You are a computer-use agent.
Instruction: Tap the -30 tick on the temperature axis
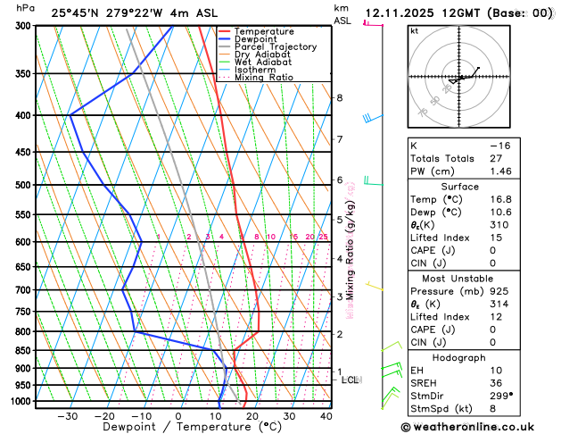[67, 416]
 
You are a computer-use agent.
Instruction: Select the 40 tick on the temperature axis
[326, 416]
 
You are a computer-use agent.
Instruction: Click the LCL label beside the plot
[350, 380]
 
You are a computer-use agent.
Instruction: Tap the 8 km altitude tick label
[339, 97]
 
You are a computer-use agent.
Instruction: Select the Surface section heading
[479, 187]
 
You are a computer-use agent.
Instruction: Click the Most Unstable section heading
[479, 278]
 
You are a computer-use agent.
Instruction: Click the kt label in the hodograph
[414, 31]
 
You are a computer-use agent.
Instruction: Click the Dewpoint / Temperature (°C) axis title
[178, 428]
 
